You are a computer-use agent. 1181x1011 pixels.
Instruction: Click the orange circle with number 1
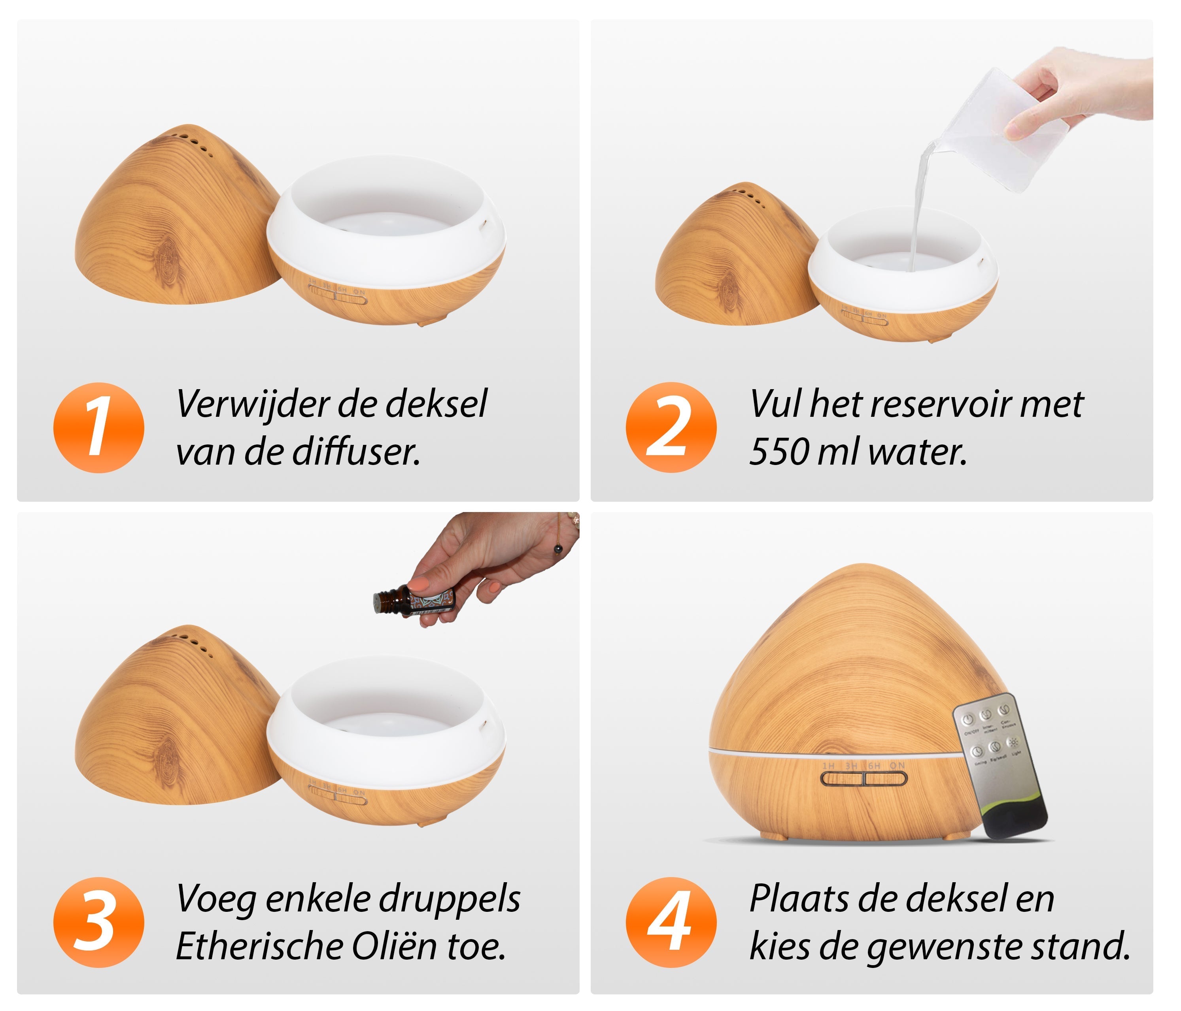pyautogui.click(x=98, y=428)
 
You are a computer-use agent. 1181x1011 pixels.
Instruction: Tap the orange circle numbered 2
pyautogui.click(x=671, y=428)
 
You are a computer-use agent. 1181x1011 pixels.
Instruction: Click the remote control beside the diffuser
pyautogui.click(x=1000, y=766)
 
